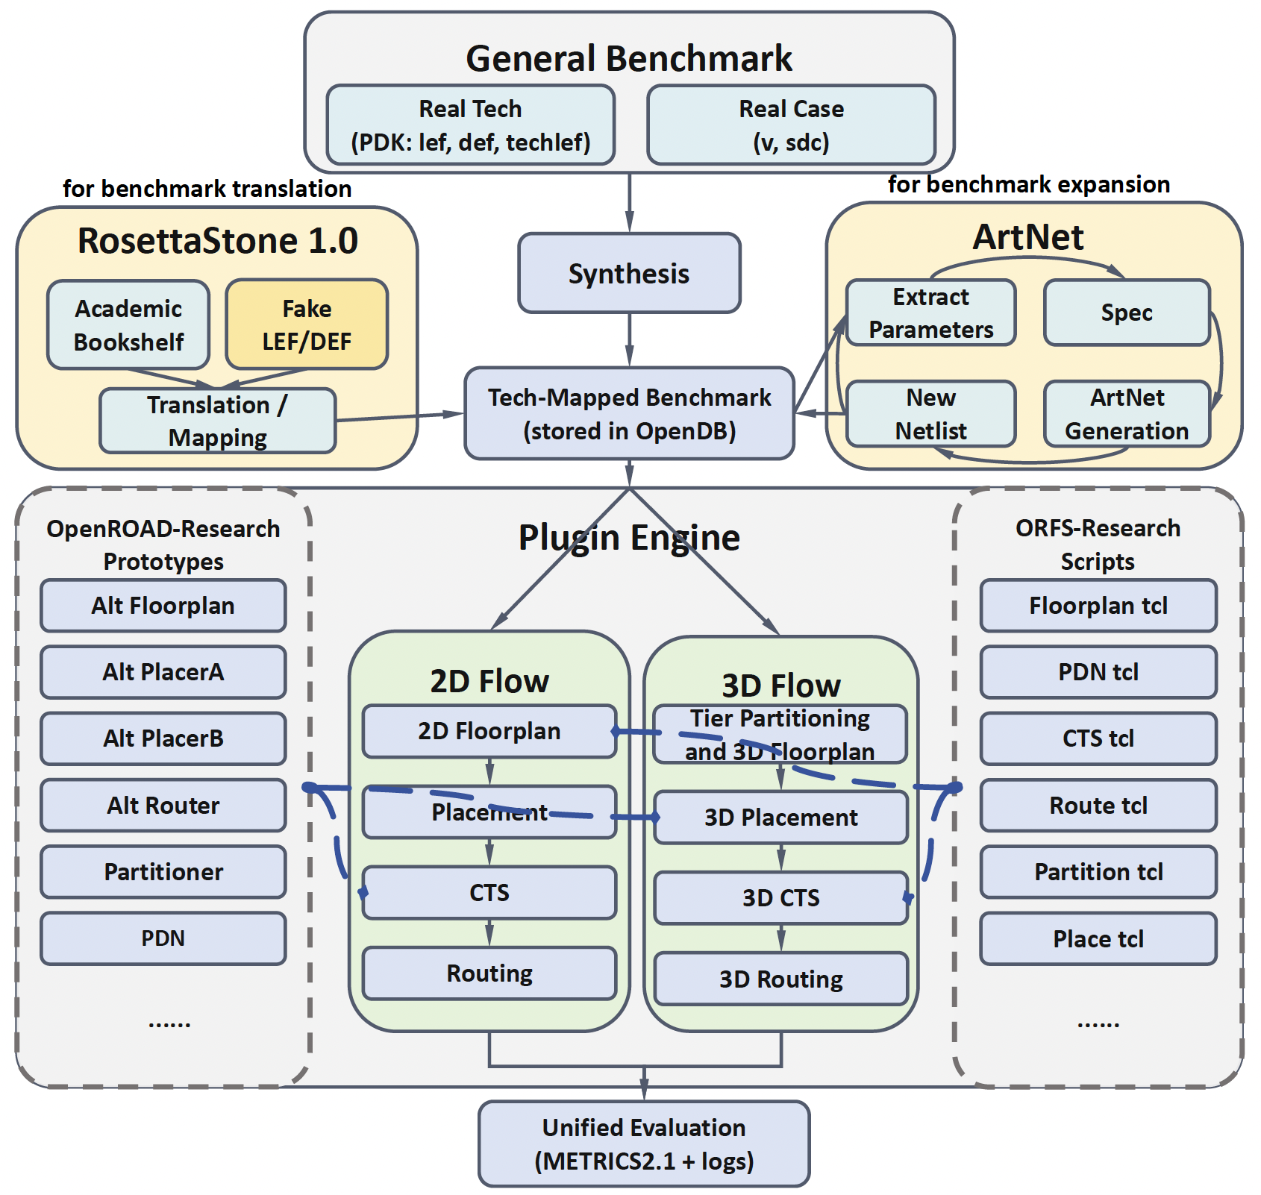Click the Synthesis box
pos(629,273)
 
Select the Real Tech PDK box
pos(470,125)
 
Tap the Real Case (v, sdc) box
pos(791,125)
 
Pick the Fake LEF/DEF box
pos(307,324)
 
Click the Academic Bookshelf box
pos(128,324)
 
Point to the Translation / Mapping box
pos(217,421)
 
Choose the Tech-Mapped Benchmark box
pos(629,413)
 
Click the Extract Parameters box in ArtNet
pos(930,313)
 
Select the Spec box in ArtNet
pos(1127,313)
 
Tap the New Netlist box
pos(930,414)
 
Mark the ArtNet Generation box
pos(1127,414)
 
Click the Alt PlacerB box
pos(163,738)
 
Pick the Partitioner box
pos(163,871)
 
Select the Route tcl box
pos(1098,805)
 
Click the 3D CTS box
pos(780,897)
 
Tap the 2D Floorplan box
pos(489,731)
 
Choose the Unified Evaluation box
pos(644,1144)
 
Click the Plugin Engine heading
pos(629,537)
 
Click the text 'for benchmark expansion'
pos(1028,184)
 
